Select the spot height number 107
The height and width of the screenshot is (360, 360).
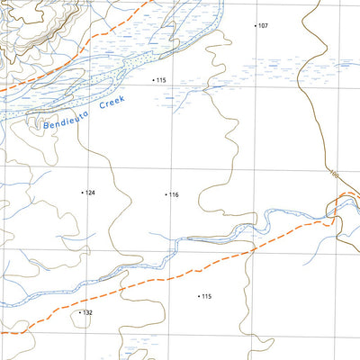[263, 26]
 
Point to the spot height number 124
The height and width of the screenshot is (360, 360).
[90, 193]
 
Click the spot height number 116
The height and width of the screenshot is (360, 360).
[174, 195]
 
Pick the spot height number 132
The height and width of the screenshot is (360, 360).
[88, 312]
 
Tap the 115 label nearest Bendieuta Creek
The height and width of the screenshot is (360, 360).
[162, 81]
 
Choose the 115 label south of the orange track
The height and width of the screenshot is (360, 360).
[206, 296]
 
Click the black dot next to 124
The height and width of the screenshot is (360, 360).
[82, 193]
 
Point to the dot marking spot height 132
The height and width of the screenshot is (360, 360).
[80, 312]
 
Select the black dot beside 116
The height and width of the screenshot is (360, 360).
[166, 195]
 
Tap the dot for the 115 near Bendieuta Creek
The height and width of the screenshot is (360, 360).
[154, 81]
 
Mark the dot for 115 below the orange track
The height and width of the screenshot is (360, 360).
[198, 296]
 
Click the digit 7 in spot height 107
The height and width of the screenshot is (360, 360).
[266, 26]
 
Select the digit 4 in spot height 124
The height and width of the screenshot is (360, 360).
[94, 193]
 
